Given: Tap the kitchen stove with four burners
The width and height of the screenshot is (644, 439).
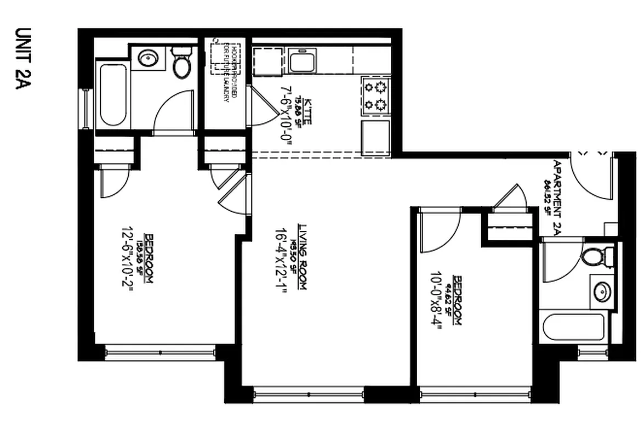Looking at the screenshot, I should [x=375, y=95].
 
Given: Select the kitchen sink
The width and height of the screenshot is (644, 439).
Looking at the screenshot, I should [x=302, y=60].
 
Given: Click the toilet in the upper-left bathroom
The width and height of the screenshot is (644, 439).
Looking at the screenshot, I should [x=181, y=62].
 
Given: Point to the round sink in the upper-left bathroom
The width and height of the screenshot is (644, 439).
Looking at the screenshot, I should [x=146, y=57].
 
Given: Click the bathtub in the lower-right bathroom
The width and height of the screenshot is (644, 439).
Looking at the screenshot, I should [x=573, y=327].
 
